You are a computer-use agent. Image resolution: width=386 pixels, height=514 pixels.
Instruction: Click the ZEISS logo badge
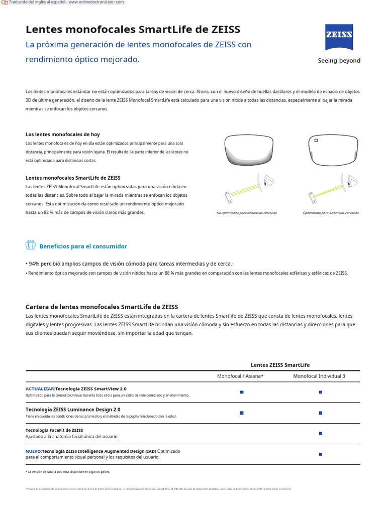tap(339, 37)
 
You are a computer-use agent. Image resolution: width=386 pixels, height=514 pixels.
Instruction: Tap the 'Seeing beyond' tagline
tap(339, 61)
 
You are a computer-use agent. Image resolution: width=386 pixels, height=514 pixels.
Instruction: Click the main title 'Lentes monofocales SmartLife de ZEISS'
tap(133, 29)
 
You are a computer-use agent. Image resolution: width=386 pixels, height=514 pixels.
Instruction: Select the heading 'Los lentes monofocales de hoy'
tap(63, 135)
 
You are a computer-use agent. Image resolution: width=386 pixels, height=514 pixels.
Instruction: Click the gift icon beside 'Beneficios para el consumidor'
tap(30, 245)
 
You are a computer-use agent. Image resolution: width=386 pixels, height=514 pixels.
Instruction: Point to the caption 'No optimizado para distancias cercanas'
tap(246, 213)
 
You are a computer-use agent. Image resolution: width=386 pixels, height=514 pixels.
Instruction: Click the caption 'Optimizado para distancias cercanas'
tap(331, 213)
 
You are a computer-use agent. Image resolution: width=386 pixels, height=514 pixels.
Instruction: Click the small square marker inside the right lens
tap(316, 141)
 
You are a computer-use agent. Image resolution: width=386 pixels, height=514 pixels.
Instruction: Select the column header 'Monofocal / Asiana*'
tap(240, 376)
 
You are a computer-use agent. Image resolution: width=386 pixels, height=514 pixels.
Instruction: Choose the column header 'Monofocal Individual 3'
tap(319, 376)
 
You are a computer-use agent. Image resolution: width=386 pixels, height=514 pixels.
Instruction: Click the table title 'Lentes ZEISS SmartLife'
tap(280, 365)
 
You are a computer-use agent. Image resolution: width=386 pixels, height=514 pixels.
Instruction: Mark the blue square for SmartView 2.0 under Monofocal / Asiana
tap(242, 392)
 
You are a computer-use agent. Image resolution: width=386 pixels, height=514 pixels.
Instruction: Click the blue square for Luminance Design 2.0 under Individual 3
tap(321, 413)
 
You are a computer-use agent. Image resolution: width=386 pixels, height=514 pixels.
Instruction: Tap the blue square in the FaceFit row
tap(321, 433)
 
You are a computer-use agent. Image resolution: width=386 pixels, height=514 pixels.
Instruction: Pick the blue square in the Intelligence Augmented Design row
tap(321, 454)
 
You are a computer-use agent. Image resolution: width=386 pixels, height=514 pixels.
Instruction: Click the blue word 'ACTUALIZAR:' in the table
tap(40, 389)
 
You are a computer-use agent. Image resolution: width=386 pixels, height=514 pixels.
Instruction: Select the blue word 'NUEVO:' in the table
tap(34, 451)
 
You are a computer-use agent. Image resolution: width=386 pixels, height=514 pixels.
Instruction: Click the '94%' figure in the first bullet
tap(34, 264)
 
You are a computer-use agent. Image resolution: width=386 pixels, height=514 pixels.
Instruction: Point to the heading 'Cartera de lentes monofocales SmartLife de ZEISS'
tap(102, 307)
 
